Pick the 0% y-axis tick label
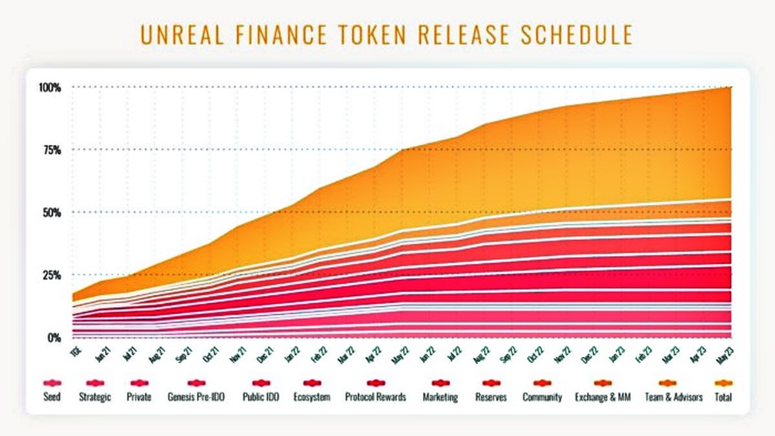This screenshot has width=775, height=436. click(53, 338)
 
